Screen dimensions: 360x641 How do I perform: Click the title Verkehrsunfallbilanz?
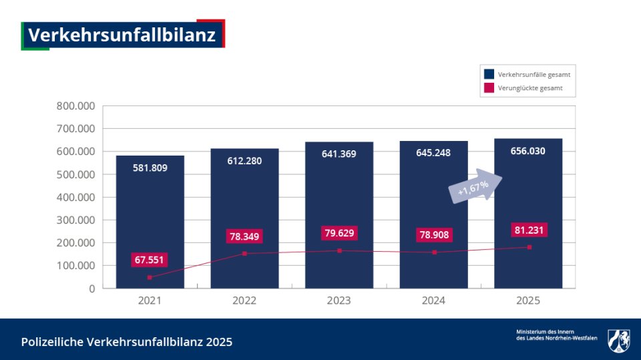click(122, 35)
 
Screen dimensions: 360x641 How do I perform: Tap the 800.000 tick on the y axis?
click(76, 106)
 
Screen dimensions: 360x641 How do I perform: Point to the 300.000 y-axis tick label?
click(76, 220)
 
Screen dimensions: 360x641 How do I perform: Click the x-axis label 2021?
click(150, 301)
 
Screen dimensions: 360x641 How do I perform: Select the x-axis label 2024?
click(433, 301)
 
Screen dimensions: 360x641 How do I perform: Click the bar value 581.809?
click(150, 168)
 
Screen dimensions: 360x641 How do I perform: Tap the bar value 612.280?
click(244, 160)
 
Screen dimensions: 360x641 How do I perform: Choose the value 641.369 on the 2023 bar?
click(339, 154)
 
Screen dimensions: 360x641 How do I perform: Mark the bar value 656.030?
click(527, 151)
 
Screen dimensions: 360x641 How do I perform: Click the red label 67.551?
click(149, 260)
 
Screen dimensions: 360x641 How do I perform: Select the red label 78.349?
click(244, 236)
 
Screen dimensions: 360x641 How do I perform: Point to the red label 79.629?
click(339, 234)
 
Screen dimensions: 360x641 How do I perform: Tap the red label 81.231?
click(529, 230)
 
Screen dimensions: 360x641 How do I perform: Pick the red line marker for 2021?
click(150, 277)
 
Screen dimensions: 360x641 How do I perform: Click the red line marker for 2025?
click(529, 247)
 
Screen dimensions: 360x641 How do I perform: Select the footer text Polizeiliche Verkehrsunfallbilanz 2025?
click(127, 342)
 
